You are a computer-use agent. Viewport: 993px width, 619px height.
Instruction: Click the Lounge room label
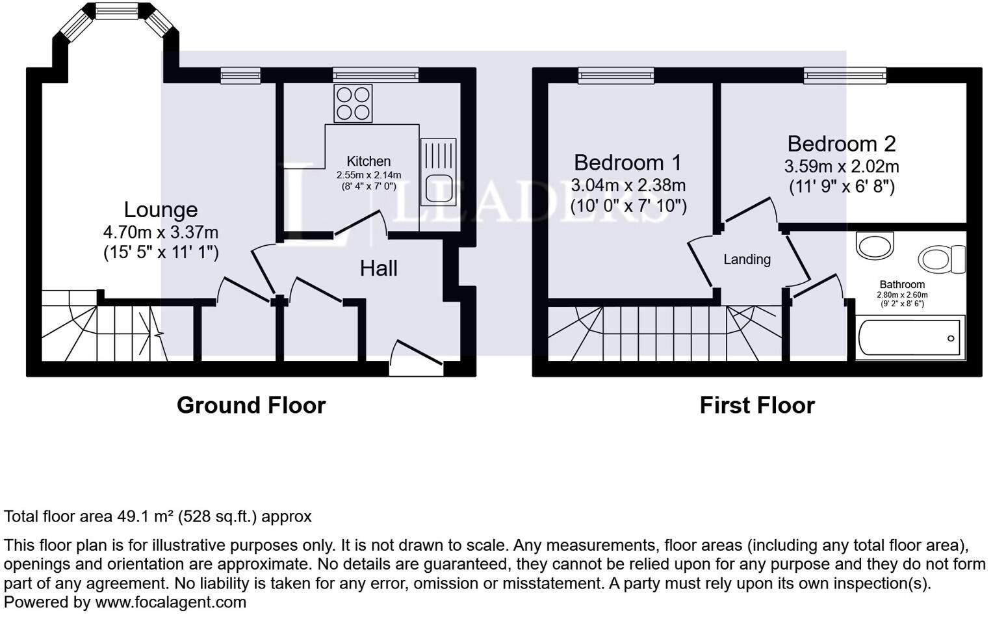[161, 210]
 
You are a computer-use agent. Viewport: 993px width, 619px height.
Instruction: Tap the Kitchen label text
[368, 161]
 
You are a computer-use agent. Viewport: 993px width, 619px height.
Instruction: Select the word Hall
[379, 269]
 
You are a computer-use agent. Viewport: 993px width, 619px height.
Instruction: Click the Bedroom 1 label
[627, 163]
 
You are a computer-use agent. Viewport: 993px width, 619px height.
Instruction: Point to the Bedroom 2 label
[842, 144]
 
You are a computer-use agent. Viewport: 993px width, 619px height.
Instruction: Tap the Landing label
[747, 259]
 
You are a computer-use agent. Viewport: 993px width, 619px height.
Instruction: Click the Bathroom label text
[902, 285]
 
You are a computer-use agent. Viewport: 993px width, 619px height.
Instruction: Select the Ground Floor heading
[251, 405]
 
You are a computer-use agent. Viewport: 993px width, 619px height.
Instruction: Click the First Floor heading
[757, 405]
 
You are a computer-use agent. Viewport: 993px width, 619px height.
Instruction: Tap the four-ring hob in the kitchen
[353, 103]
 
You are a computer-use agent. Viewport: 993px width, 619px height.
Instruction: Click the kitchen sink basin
[439, 189]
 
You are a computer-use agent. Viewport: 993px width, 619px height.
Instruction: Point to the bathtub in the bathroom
[910, 338]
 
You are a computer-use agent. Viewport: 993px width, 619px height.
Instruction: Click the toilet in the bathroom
[942, 259]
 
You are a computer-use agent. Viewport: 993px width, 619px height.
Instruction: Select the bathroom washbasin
[875, 245]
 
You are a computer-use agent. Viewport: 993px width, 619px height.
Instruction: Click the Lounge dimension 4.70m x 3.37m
[161, 232]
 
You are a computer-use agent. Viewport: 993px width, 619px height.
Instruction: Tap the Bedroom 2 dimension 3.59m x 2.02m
[842, 166]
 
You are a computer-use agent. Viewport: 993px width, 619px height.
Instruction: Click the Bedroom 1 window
[615, 75]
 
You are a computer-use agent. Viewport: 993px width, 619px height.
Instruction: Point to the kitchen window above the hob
[376, 75]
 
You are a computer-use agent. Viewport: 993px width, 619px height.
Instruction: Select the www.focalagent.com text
[170, 603]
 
